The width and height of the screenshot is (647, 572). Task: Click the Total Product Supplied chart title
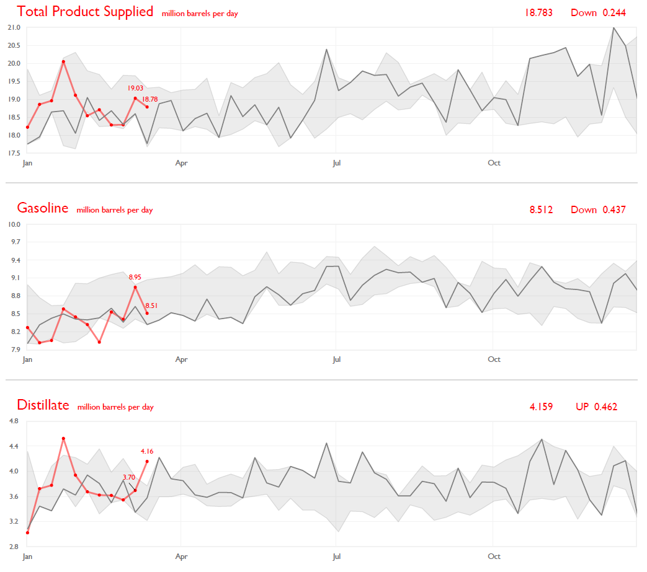click(85, 12)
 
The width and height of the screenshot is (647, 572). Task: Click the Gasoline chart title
click(43, 208)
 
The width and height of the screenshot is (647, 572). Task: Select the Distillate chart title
click(43, 405)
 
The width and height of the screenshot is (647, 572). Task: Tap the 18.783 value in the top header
click(538, 12)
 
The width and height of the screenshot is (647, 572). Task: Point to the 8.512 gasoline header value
click(541, 209)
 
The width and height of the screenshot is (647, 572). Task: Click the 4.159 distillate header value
click(541, 407)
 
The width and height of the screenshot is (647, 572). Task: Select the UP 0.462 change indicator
click(596, 407)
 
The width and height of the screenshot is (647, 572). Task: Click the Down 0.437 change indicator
click(598, 209)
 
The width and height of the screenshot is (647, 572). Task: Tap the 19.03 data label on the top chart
click(135, 89)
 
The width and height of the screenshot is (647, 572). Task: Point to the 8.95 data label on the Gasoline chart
click(135, 277)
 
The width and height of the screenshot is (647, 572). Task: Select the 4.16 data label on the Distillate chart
click(147, 451)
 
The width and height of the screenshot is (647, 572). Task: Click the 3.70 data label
click(129, 477)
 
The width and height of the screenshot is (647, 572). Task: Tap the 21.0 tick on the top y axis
click(14, 28)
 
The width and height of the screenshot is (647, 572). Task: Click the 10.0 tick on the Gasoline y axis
click(14, 224)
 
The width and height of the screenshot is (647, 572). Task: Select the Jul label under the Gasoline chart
click(336, 359)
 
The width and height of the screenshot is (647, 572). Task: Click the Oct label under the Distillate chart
click(494, 557)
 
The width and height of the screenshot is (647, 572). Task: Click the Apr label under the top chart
click(182, 163)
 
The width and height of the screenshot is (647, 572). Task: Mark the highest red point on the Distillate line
click(63, 438)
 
